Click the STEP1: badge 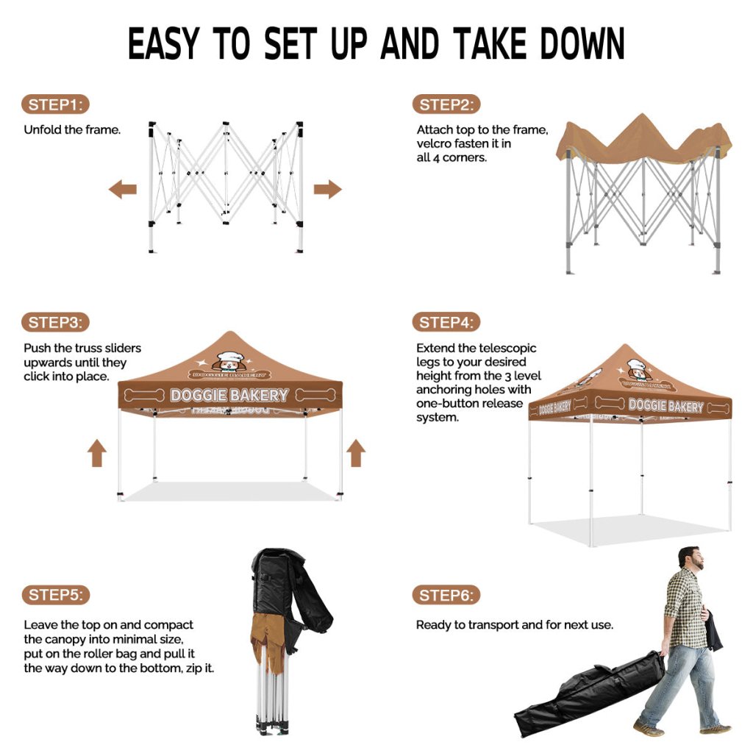pos(55,104)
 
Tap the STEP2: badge pos(446,104)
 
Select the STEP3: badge pos(55,322)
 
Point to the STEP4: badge pos(446,322)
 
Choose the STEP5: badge pos(56,595)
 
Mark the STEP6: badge pos(446,595)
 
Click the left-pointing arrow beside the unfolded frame pos(123,189)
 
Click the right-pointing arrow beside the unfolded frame pos(327,189)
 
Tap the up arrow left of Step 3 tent pos(97,453)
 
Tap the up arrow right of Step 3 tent pos(356,453)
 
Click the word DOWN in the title pos(582,43)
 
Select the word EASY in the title pos(163,43)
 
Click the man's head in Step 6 pos(691,558)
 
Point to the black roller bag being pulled pos(590,691)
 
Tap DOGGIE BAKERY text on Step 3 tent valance pos(229,395)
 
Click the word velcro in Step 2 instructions pos(434,143)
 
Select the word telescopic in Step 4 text pos(507,348)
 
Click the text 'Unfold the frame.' pos(72,129)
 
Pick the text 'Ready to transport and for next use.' pos(514,625)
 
